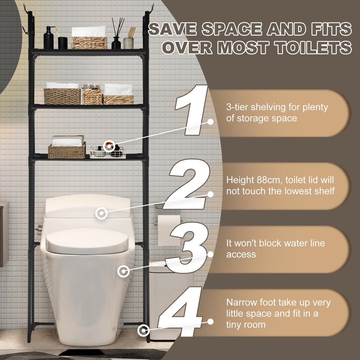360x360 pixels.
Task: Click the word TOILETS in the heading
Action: click(310, 47)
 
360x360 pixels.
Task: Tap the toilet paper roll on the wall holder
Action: click(165, 230)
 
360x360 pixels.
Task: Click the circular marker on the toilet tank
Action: click(102, 212)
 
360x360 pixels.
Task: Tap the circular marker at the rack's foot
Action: click(143, 330)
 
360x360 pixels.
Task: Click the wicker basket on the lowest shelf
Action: click(66, 150)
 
